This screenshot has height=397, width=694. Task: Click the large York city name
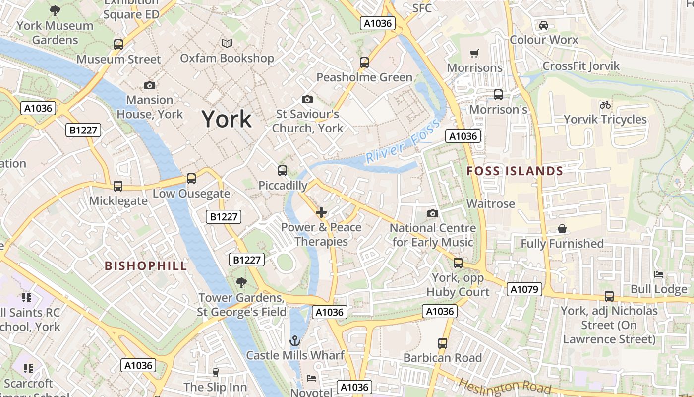[227, 119]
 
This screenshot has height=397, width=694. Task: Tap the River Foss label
[402, 141]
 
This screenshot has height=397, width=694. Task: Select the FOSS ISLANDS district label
[515, 171]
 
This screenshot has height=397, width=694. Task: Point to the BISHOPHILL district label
[146, 266]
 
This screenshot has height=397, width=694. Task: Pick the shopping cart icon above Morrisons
[474, 53]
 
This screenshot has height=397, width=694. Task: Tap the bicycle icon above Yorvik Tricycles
[605, 105]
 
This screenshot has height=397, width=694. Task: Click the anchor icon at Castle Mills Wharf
[295, 341]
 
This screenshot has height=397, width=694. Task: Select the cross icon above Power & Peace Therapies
[321, 213]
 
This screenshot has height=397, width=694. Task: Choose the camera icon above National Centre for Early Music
[433, 213]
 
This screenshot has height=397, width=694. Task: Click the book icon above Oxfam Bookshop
[227, 44]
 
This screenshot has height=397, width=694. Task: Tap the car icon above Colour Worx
[543, 25]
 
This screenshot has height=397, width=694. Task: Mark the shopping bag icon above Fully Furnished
[562, 229]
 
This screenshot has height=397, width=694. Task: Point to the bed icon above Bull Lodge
[658, 274]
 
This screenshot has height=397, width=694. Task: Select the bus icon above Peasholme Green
[364, 63]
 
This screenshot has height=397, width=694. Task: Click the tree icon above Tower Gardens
[241, 283]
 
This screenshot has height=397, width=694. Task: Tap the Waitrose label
[491, 204]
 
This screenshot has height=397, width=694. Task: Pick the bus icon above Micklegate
[118, 186]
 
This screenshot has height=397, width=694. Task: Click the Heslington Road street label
[504, 386]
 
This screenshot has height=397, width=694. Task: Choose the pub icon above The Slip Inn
[215, 372]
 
